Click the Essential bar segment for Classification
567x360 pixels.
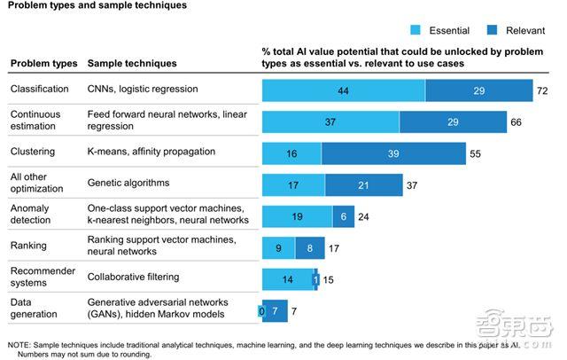(x=344, y=91)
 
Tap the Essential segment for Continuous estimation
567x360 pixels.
(x=330, y=122)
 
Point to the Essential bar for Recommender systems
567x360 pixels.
(x=287, y=278)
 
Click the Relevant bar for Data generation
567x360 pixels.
(x=276, y=310)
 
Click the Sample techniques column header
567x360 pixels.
(x=131, y=64)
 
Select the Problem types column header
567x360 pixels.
(x=43, y=64)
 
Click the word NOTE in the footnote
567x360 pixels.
(x=21, y=342)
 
